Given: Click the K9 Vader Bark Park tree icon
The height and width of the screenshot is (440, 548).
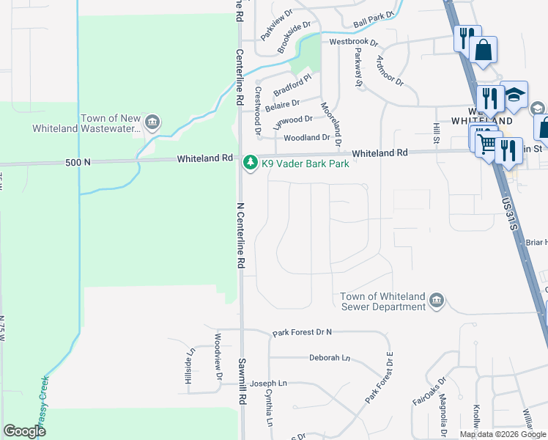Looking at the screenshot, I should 251,161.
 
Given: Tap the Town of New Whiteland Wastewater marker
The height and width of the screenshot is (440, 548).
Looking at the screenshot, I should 152,122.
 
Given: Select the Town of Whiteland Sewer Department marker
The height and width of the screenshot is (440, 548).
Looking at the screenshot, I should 436,301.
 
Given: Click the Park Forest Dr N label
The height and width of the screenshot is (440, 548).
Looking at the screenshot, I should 302,333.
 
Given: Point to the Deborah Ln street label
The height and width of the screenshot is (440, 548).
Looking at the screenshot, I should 330,358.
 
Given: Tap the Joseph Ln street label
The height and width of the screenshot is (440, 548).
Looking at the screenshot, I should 268,383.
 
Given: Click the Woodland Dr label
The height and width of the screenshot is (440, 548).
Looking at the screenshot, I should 307,137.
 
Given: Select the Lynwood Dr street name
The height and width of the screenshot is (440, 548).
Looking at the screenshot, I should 292,120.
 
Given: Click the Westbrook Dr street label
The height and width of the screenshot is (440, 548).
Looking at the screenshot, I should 353,43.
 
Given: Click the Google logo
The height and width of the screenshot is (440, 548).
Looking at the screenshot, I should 25,430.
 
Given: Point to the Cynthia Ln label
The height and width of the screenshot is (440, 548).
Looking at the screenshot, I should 270,408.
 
